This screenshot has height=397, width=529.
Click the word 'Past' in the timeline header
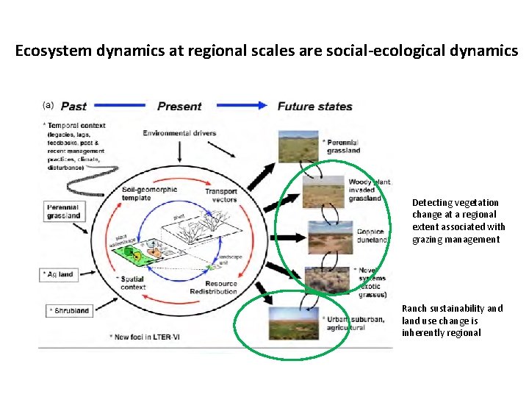(73, 107)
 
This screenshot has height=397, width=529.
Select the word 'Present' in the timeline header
(180, 107)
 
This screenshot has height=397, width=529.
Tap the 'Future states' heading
(314, 107)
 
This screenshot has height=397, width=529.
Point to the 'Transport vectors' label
(220, 196)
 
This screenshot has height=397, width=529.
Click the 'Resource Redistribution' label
(221, 287)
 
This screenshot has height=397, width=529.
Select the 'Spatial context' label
(132, 282)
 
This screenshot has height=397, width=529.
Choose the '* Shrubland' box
(69, 311)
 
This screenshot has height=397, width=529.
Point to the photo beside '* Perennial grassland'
(298, 146)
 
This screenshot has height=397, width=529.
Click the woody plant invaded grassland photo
(324, 192)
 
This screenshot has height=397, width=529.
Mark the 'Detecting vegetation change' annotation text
(458, 221)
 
